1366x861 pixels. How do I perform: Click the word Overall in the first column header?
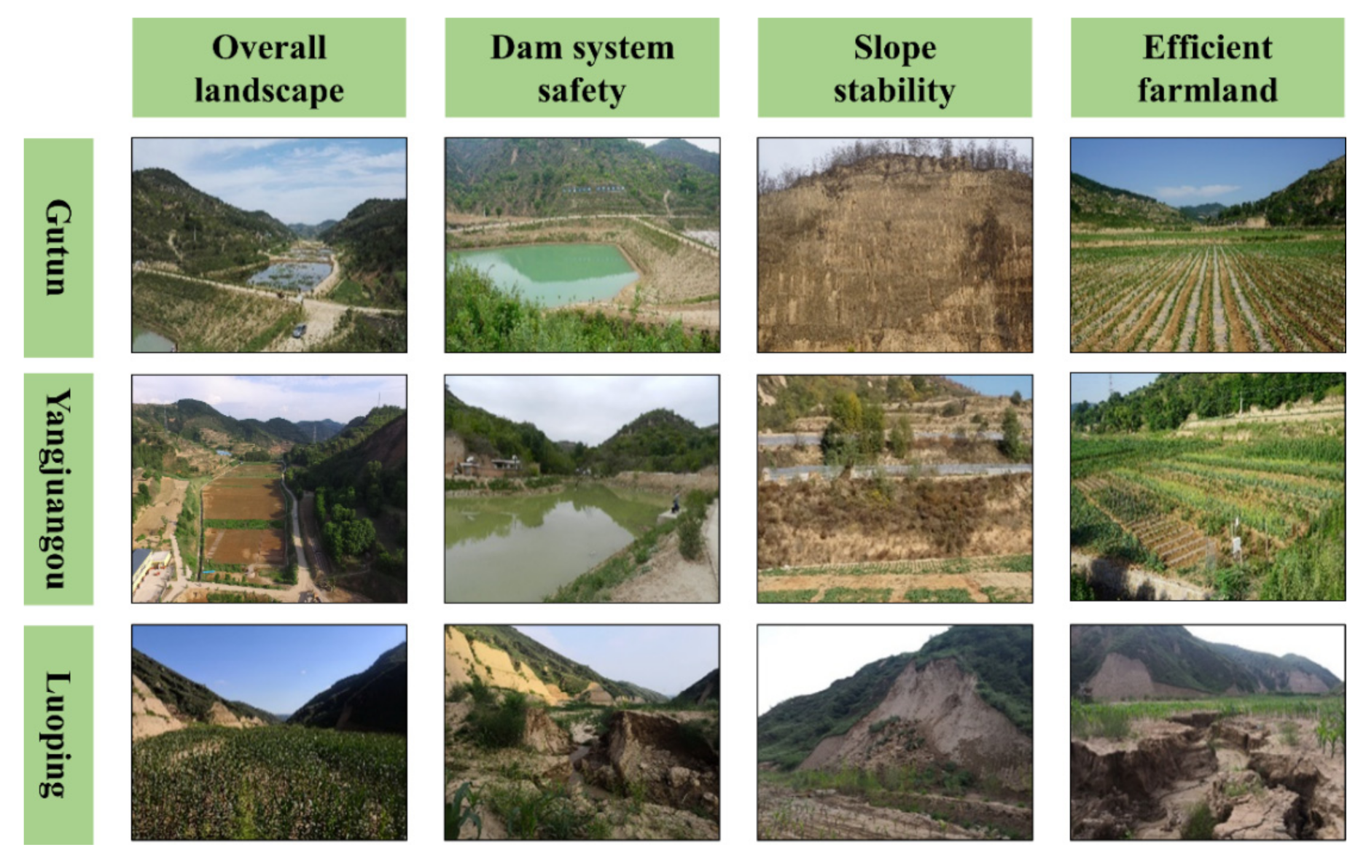pos(269,48)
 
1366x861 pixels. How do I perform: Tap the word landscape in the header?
pos(269,90)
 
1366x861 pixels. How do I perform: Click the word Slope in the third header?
pos(894,48)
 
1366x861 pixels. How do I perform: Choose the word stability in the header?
pos(894,91)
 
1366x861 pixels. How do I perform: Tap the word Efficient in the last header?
pos(1207,47)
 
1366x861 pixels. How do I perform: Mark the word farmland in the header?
pos(1207,90)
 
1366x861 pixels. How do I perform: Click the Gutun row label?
pos(58,248)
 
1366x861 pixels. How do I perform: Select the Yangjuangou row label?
pos(58,488)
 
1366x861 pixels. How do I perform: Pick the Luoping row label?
pos(58,734)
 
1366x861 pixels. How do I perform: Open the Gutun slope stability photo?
pos(894,245)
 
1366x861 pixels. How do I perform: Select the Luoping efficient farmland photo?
pos(1207,732)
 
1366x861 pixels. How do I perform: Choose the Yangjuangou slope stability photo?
pos(894,488)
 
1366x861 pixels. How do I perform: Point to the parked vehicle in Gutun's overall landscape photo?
pos(299,331)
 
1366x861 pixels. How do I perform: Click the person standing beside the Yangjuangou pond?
pos(676,503)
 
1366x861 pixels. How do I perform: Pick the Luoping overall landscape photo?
pos(269,732)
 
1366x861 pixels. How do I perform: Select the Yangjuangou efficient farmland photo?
pos(1207,487)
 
